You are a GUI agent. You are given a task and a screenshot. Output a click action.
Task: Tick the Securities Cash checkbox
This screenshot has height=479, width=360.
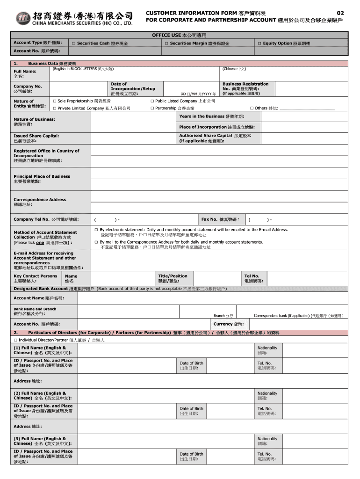[73, 44]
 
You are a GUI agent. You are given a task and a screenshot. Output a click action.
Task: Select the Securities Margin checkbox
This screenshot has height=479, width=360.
[166, 44]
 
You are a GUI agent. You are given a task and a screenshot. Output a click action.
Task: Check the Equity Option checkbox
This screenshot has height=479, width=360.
[259, 44]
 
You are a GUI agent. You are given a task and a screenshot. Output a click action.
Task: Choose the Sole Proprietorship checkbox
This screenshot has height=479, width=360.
[55, 101]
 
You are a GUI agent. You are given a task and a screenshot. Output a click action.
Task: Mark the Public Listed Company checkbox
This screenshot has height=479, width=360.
[152, 101]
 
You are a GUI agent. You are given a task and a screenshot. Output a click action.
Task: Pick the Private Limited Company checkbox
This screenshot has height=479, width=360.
[55, 109]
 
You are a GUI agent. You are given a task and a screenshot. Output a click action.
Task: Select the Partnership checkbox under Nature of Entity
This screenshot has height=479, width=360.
[152, 109]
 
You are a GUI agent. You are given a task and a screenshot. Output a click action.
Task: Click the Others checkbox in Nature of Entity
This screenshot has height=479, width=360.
[252, 109]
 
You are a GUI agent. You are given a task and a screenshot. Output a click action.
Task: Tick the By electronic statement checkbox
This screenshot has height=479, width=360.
[96, 230]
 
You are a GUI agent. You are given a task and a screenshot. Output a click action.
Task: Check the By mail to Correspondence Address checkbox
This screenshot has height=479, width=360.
[96, 242]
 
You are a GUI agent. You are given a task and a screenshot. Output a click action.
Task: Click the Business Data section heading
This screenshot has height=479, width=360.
[52, 63]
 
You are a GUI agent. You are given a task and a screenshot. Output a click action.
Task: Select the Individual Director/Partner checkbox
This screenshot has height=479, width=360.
[16, 340]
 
